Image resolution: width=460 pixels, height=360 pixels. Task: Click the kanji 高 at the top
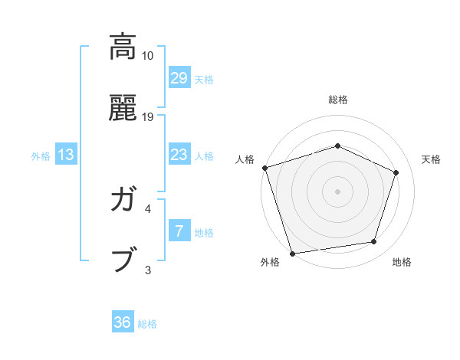122,47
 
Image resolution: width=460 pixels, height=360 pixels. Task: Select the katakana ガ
122,201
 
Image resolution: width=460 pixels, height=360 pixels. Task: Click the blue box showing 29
179,78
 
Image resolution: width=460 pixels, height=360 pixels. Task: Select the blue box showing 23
179,155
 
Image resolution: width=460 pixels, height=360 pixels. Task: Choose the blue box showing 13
66,155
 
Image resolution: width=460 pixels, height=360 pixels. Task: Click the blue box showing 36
123,322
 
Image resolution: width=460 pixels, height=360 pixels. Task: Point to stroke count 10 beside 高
148,56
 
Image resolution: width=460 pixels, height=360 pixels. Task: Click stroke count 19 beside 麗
148,117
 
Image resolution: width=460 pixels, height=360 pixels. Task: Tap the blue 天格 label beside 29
204,80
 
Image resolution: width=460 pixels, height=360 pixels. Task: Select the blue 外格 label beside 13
41,156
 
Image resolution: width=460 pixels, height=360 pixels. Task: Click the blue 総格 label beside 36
147,324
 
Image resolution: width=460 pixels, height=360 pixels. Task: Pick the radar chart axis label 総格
338,100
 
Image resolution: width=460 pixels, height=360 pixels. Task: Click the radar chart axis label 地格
402,262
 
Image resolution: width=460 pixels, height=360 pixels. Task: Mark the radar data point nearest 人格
264,168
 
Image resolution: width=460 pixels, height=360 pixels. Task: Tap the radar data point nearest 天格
396,172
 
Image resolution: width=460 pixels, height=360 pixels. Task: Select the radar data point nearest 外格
293,253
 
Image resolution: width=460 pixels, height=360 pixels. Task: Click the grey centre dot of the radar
338,191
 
